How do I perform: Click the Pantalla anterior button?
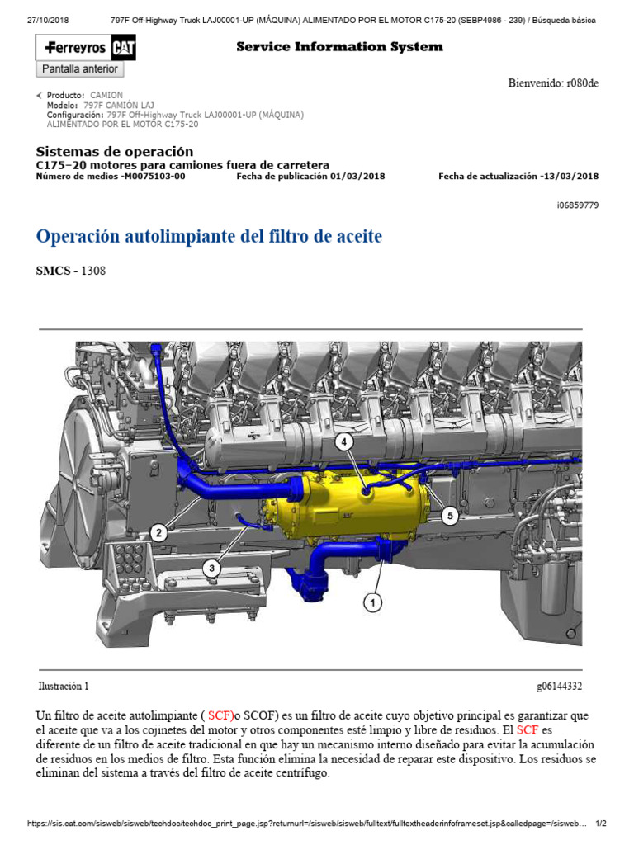(80, 69)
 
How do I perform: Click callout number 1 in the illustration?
(374, 603)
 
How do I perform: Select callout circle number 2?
(159, 532)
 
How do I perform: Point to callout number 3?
(212, 567)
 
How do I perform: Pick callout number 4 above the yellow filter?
(344, 441)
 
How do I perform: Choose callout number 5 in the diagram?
(449, 516)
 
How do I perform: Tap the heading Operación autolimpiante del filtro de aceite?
(209, 237)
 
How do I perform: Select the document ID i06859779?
(577, 205)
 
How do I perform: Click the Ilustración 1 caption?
(64, 686)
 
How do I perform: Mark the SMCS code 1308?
(92, 271)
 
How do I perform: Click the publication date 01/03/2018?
(357, 176)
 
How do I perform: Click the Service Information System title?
(339, 47)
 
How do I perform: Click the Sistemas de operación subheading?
(115, 152)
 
